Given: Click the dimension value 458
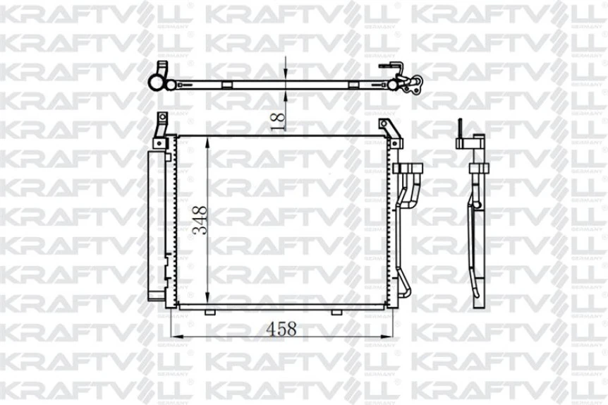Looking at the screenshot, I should pos(280,328).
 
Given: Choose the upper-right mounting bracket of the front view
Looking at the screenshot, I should pos(387,129).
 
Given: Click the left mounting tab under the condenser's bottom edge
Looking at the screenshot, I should pos(209,312).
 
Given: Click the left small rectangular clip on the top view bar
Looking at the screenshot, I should pos(227,85).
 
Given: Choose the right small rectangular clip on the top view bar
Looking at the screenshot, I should pos(353,85).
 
